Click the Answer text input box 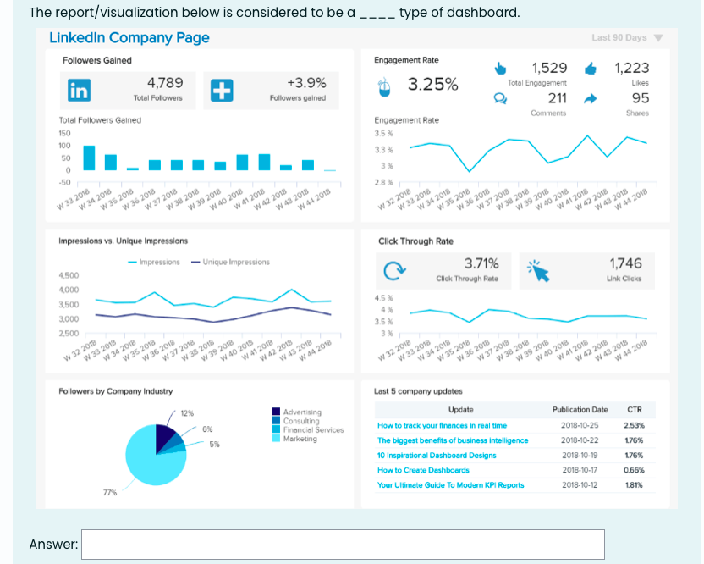(343, 544)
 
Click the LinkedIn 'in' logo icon (79, 90)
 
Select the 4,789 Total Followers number (165, 83)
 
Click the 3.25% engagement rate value (433, 85)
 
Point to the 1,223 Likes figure (631, 68)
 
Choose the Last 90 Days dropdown (626, 37)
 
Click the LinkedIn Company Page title (129, 38)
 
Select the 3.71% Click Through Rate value (481, 264)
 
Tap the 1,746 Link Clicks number (625, 264)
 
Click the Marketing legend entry (300, 439)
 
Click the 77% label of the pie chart (109, 492)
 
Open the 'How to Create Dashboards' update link (423, 470)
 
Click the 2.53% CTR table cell (634, 425)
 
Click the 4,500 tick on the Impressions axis (69, 276)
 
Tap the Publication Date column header (580, 409)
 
